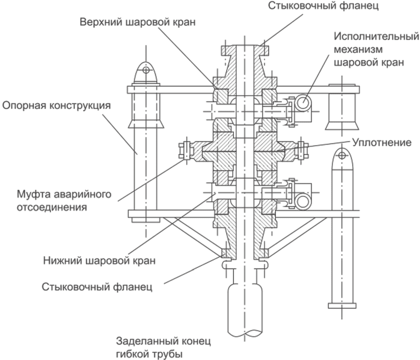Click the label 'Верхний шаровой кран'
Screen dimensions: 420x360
(138, 22)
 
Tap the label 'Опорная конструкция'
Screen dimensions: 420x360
(57, 105)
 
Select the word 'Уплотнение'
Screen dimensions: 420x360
(382, 142)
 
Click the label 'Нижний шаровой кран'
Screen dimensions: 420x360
(99, 260)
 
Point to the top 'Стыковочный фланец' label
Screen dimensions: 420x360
(323, 6)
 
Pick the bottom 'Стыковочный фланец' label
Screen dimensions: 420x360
(97, 287)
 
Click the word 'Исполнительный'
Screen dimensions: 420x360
(377, 36)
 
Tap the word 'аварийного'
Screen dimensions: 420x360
(83, 194)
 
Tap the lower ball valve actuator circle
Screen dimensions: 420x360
(303, 201)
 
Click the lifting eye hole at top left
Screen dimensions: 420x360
(146, 70)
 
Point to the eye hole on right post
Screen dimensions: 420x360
(342, 155)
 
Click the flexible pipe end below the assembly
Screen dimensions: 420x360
(245, 310)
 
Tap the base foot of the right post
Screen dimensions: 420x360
(342, 305)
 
